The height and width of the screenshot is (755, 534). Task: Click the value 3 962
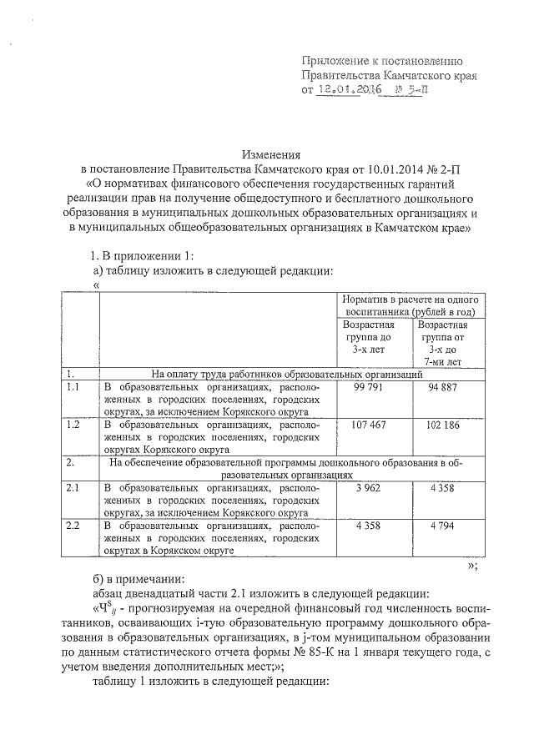pos(368,487)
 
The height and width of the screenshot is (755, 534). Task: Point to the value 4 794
pos(442,526)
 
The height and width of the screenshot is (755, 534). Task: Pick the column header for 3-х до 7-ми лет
pos(442,344)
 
